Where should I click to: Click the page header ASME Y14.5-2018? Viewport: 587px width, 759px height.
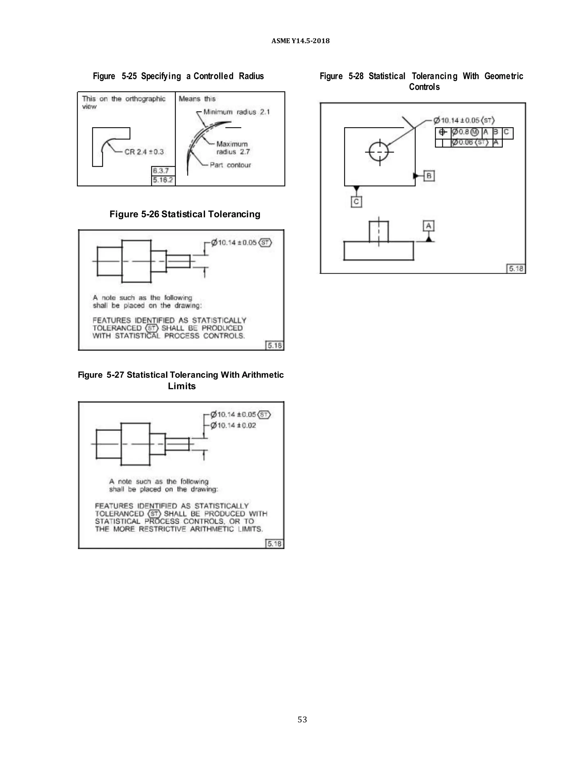[x=300, y=41]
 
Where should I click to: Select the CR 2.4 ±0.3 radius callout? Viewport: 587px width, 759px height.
[x=144, y=152]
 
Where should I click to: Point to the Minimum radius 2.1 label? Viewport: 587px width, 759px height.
[x=236, y=112]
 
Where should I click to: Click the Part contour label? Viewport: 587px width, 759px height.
[x=230, y=165]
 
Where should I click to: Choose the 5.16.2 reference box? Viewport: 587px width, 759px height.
[x=163, y=180]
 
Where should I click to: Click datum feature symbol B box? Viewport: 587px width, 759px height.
[x=429, y=176]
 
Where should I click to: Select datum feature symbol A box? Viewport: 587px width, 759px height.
[x=429, y=226]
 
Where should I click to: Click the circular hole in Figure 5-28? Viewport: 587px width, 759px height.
[x=379, y=152]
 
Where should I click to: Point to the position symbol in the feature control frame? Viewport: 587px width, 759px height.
[x=443, y=132]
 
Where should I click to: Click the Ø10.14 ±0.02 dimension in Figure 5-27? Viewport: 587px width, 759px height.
[x=233, y=425]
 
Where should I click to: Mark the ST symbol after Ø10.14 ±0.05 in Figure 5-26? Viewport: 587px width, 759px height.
[x=265, y=243]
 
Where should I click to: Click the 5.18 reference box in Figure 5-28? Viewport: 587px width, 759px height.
[x=516, y=269]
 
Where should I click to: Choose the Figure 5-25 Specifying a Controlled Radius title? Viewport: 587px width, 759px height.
[x=178, y=76]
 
